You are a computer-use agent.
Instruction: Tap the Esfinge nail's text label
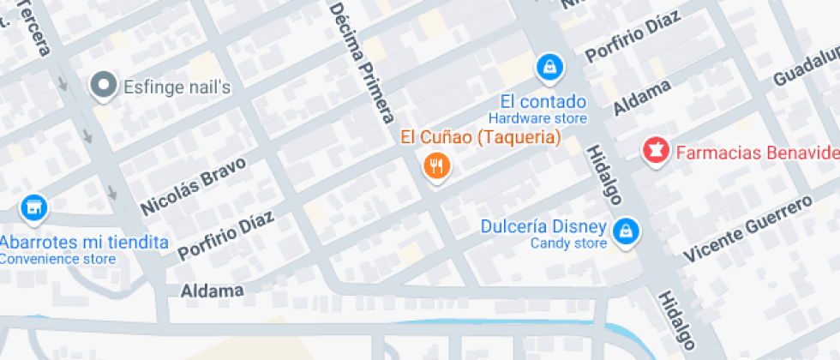coord(177,87)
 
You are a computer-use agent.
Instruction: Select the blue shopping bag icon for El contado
coord(548,65)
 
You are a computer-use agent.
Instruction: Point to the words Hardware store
coord(537,118)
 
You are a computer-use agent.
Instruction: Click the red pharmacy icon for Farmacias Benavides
coord(656,152)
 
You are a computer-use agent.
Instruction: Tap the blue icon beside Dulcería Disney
coord(627,229)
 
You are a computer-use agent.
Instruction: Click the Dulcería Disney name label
coord(543,228)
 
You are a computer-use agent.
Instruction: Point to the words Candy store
coord(568,243)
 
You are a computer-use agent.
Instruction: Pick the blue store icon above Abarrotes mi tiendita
coord(33,207)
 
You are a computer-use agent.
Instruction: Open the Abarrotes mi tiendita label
coord(84,242)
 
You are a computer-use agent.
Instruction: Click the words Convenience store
coord(57,258)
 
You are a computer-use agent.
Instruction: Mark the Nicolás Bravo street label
coord(193,186)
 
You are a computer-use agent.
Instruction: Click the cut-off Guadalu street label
coord(806,69)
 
